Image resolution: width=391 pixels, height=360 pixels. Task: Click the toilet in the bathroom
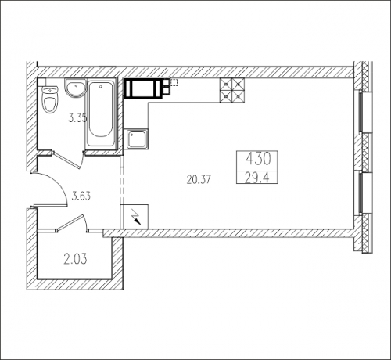pyautogui.click(x=49, y=99)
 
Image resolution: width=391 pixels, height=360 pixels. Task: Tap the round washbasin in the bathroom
pyautogui.click(x=75, y=88)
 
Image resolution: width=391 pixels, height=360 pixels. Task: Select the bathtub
pyautogui.click(x=101, y=114)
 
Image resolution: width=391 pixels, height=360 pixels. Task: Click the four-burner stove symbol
pyautogui.click(x=232, y=90)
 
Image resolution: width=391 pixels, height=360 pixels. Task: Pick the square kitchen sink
pyautogui.click(x=136, y=139)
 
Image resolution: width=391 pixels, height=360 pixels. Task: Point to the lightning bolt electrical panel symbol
pyautogui.click(x=136, y=218)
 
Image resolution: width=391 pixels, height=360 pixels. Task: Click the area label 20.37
pyautogui.click(x=199, y=179)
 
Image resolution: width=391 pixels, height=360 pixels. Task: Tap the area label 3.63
pyautogui.click(x=81, y=196)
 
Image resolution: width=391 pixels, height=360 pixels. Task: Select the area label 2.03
pyautogui.click(x=75, y=259)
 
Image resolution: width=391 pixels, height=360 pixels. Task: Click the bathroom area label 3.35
pyautogui.click(x=77, y=118)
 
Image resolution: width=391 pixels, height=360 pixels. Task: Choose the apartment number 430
pyautogui.click(x=259, y=159)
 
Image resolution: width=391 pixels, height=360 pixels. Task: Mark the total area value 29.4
pyautogui.click(x=257, y=178)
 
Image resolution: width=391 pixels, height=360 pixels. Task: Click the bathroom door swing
pyautogui.click(x=68, y=160)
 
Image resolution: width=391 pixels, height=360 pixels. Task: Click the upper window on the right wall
pyautogui.click(x=365, y=113)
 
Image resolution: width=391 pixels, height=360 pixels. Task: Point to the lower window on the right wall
pyautogui.click(x=365, y=193)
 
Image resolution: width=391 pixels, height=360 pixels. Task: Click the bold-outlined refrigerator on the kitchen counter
pyautogui.click(x=142, y=88)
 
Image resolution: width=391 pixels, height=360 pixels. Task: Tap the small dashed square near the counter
pyautogui.click(x=174, y=82)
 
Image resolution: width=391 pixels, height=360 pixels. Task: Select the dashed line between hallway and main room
pyautogui.click(x=122, y=185)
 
